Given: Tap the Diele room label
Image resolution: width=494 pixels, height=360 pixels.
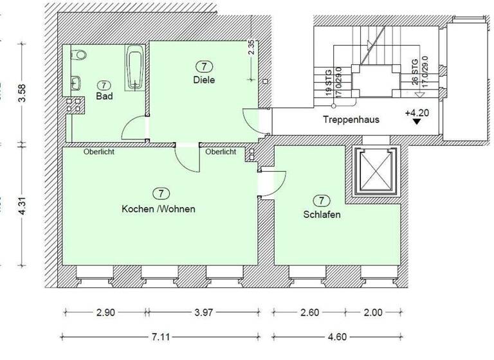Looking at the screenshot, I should (x=204, y=80).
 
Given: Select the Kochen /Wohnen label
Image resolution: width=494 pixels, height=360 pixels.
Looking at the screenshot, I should (x=158, y=209).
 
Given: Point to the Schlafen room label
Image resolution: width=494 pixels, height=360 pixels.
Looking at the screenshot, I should (x=322, y=214).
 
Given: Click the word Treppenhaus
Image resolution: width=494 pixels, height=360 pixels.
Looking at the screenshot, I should (x=351, y=120).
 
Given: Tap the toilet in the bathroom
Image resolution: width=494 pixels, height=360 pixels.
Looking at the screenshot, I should (x=78, y=55).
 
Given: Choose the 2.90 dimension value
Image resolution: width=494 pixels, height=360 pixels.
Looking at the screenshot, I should (x=105, y=313).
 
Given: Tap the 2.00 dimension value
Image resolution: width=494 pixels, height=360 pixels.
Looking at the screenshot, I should (x=373, y=313).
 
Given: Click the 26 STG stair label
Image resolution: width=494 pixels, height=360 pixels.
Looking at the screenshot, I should (x=415, y=69).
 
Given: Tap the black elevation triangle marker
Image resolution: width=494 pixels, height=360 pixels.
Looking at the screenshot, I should (x=417, y=120).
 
